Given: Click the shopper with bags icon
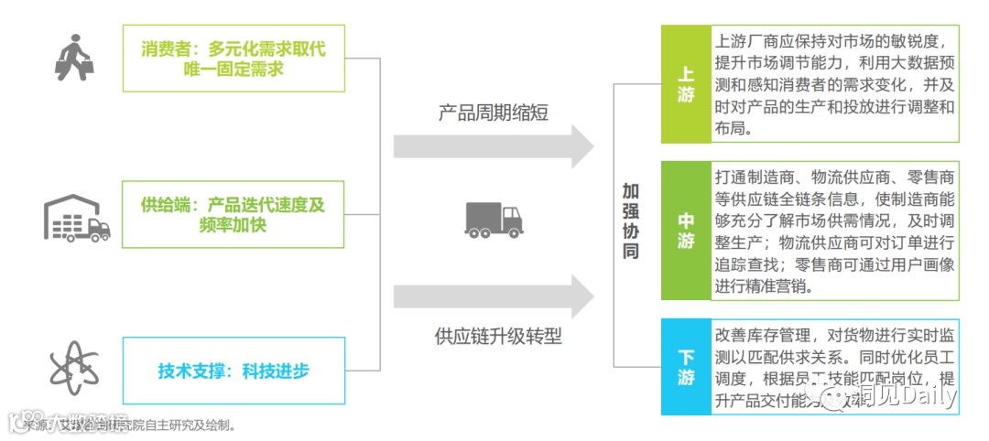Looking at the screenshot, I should pyautogui.click(x=75, y=56).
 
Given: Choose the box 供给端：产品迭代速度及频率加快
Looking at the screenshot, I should pyautogui.click(x=234, y=214).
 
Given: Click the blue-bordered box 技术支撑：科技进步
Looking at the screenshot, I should pyautogui.click(x=234, y=371).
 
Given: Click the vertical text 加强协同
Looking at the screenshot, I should pyautogui.click(x=631, y=220).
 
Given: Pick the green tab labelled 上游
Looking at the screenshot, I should pyautogui.click(x=686, y=83).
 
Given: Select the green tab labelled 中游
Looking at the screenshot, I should pyautogui.click(x=686, y=231).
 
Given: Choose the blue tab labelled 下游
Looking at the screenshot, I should pyautogui.click(x=686, y=367).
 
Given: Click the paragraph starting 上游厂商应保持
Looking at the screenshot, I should pyautogui.click(x=834, y=84).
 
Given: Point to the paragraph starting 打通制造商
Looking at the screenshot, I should pyautogui.click(x=834, y=231).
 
